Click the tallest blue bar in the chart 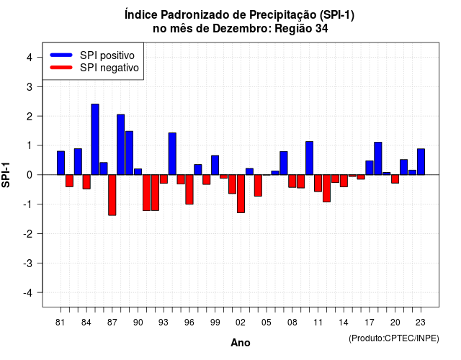[95, 139]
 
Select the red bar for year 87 [112, 195]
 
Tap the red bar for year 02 [241, 194]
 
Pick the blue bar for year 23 [421, 161]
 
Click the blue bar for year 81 [61, 163]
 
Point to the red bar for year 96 [189, 189]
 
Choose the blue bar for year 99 [215, 165]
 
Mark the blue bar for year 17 [370, 168]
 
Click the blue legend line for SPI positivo [61, 55]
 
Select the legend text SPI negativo [109, 68]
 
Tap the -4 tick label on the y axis [28, 293]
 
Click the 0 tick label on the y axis [30, 175]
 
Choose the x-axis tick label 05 [267, 323]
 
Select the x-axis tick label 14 [344, 323]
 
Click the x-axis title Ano [241, 343]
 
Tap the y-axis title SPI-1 [6, 175]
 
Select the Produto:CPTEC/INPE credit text [394, 338]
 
